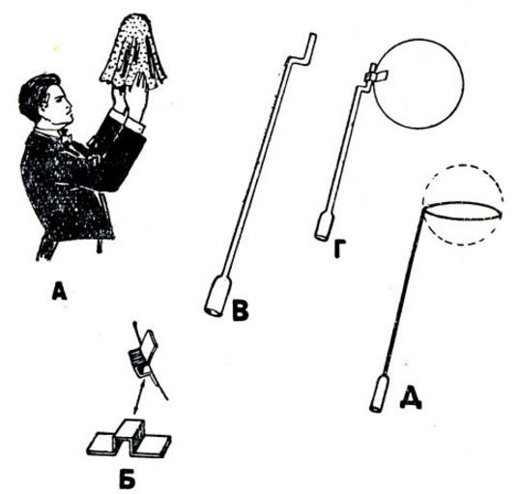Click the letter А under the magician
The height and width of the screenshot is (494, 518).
[60, 292]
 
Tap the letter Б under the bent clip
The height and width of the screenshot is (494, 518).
[128, 479]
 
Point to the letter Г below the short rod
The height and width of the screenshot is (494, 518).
[339, 248]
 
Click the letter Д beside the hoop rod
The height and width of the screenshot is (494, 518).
[411, 399]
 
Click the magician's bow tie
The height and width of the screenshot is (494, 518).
[66, 136]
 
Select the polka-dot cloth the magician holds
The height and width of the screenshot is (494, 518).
[133, 52]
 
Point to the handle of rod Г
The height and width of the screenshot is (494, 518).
[325, 226]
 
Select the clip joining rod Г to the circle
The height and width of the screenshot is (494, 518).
[376, 74]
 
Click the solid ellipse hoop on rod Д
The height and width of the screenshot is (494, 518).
[462, 203]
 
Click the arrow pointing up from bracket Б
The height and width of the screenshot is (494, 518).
[138, 395]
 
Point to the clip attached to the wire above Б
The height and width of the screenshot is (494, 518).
[142, 354]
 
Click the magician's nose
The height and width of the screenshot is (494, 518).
[69, 107]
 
